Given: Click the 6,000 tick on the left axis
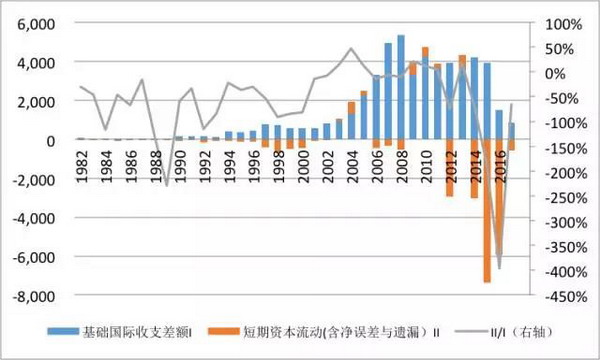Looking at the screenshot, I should coord(38,23).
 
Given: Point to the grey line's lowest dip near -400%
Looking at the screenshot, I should coord(499,268).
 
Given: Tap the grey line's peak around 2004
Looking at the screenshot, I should coord(351,48).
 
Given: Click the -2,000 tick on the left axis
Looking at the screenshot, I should coord(36,179).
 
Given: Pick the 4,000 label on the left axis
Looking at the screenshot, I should coord(38,62).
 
